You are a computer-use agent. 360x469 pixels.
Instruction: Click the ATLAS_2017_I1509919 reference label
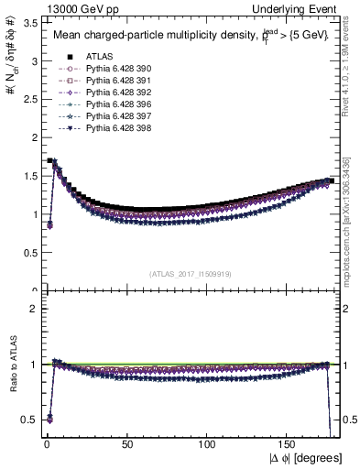click(190, 274)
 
